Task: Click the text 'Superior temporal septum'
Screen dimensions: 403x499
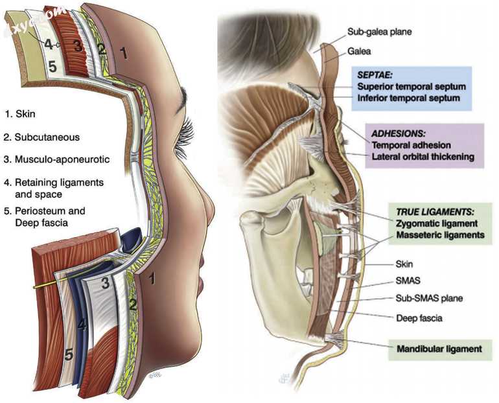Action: [411, 86]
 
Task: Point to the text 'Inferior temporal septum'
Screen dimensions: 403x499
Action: [409, 98]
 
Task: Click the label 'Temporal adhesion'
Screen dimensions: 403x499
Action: [411, 145]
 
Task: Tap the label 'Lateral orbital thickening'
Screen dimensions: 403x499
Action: [424, 157]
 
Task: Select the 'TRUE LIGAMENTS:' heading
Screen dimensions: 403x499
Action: [434, 212]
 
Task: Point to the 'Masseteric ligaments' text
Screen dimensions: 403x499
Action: [439, 236]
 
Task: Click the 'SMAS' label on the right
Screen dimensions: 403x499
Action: [406, 281]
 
